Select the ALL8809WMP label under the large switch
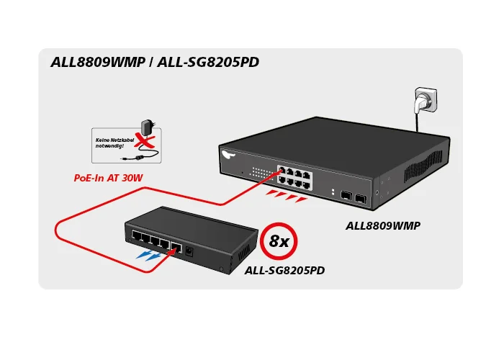[383, 225]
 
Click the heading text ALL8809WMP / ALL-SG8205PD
[155, 62]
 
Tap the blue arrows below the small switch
[151, 254]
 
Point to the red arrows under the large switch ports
[286, 196]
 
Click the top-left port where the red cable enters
[283, 171]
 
